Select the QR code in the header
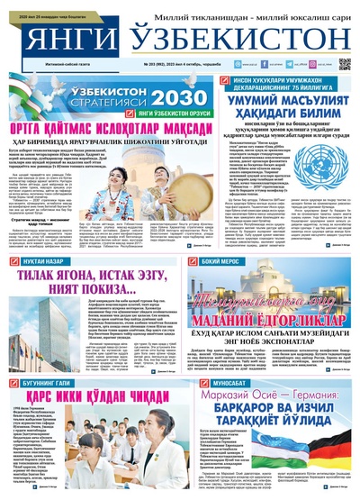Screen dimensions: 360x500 [x=345, y=65]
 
